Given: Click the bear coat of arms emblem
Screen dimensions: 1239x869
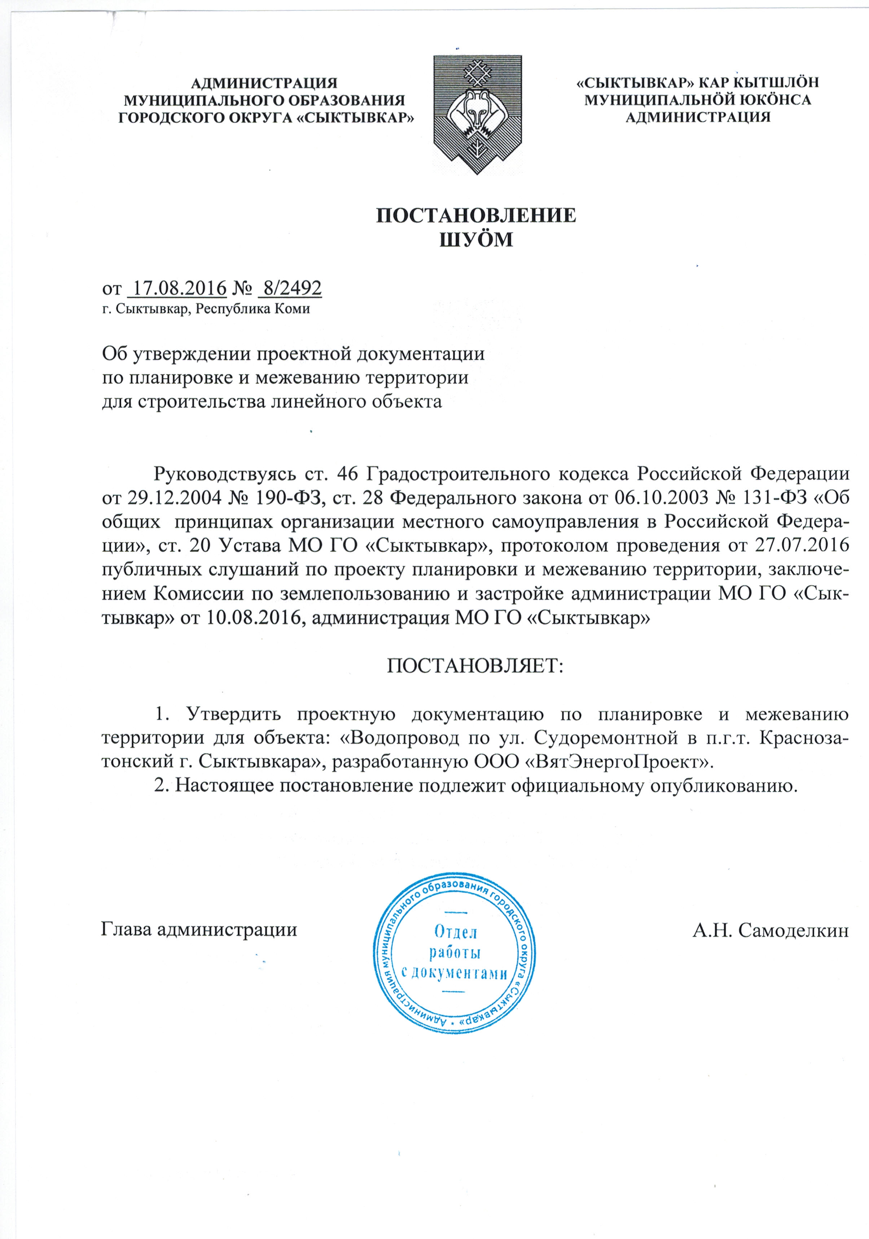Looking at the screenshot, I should coord(478,114).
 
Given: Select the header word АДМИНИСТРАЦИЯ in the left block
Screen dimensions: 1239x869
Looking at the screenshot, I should coord(264,83).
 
